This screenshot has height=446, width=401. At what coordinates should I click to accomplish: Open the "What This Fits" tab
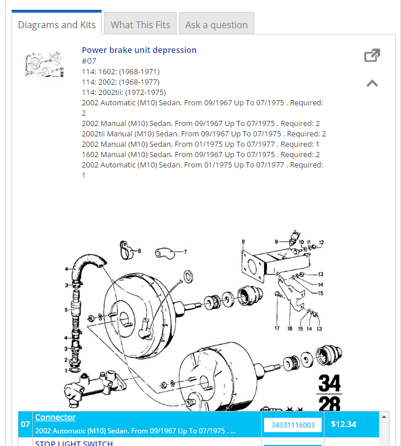pyautogui.click(x=140, y=25)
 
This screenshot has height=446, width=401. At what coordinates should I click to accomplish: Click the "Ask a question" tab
pyautogui.click(x=216, y=25)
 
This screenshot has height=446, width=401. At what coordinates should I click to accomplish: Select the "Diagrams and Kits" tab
pyautogui.click(x=56, y=25)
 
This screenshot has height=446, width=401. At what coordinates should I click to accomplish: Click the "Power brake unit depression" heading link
pyautogui.click(x=139, y=50)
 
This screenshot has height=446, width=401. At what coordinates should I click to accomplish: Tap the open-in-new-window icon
pyautogui.click(x=372, y=55)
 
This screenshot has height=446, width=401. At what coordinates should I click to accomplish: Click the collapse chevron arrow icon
pyautogui.click(x=372, y=83)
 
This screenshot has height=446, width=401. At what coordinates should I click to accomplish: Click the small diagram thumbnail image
pyautogui.click(x=44, y=63)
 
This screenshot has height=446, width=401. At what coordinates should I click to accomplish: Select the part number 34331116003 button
pyautogui.click(x=292, y=425)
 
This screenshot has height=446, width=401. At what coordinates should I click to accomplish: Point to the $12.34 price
pyautogui.click(x=344, y=424)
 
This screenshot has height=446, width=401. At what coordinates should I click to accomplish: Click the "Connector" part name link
pyautogui.click(x=55, y=417)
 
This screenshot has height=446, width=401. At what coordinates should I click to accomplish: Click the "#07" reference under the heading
pyautogui.click(x=89, y=60)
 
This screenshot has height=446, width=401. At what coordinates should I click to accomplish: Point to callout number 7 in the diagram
pyautogui.click(x=185, y=251)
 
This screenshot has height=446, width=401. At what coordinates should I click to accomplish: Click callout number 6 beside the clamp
pyautogui.click(x=139, y=250)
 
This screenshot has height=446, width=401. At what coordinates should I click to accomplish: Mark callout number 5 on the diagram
pyautogui.click(x=66, y=310)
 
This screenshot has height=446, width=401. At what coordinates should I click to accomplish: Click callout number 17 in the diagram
pyautogui.click(x=277, y=329)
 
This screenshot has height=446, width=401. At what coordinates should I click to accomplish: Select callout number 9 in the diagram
pyautogui.click(x=276, y=241)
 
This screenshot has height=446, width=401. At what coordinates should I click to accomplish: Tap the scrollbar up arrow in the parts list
pyautogui.click(x=384, y=416)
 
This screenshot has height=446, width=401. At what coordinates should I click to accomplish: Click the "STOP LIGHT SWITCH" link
pyautogui.click(x=74, y=443)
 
